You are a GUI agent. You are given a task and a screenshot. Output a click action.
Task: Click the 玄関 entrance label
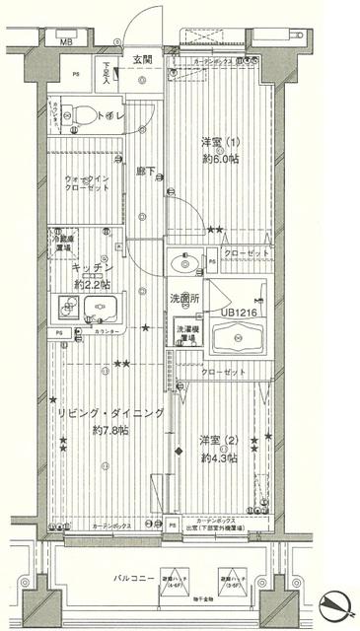[142, 59]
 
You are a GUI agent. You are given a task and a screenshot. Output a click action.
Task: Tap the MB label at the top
[66, 43]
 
